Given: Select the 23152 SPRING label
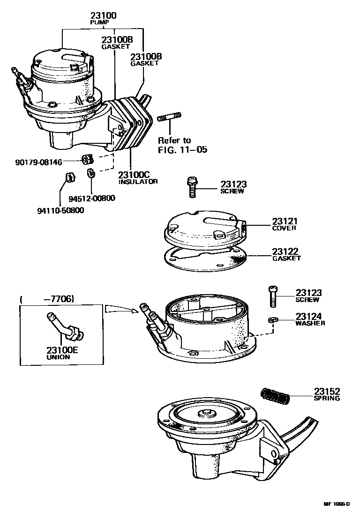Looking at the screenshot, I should [327, 394].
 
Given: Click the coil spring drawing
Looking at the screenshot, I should [276, 395].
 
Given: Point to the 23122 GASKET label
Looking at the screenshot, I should [286, 254].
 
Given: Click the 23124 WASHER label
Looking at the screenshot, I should [310, 319].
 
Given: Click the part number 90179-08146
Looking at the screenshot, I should [38, 163].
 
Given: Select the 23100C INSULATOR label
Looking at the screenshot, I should [138, 177].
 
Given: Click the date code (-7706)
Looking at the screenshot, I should [47, 299].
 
